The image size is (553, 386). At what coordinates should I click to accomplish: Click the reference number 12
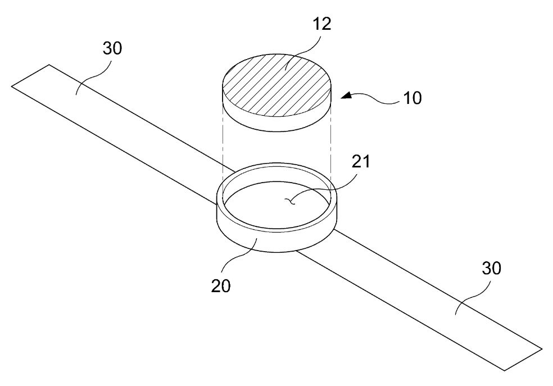(x=321, y=24)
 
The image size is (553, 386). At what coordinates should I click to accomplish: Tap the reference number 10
(x=412, y=98)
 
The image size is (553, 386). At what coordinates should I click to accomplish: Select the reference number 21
(x=361, y=162)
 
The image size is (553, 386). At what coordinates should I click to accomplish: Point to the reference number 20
(x=221, y=286)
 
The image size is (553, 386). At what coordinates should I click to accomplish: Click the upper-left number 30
(x=112, y=48)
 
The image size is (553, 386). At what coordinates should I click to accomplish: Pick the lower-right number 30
(x=491, y=269)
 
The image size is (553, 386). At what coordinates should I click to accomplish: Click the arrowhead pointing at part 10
(x=346, y=95)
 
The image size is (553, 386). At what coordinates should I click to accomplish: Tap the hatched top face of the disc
(x=277, y=85)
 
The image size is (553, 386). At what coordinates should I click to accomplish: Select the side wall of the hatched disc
(x=277, y=124)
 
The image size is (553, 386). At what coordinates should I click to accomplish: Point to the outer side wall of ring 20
(x=277, y=243)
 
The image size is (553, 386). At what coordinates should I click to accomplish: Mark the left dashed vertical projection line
(x=223, y=141)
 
